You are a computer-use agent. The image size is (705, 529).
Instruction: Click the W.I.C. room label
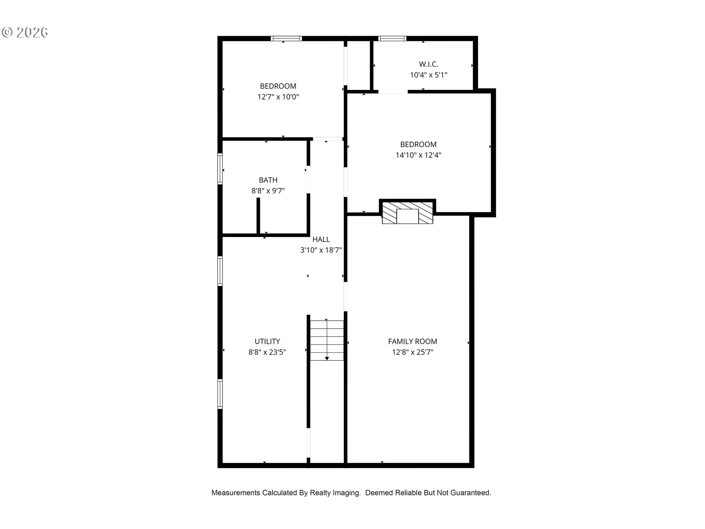click(429, 64)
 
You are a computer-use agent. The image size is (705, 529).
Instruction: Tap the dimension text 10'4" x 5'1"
click(429, 75)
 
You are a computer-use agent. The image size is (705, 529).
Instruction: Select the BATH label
click(268, 180)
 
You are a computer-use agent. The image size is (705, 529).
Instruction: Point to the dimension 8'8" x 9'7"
click(268, 191)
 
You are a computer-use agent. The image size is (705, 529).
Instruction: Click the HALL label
click(321, 240)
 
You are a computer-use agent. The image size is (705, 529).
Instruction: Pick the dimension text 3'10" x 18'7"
click(321, 250)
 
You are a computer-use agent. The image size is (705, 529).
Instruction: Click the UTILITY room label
click(267, 341)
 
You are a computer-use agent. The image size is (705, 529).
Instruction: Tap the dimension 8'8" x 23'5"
click(267, 352)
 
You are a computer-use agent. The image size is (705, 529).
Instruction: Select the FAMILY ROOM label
click(413, 341)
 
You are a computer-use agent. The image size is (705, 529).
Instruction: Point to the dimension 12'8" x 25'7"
click(413, 352)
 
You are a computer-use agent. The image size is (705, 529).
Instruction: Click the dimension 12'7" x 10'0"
click(278, 97)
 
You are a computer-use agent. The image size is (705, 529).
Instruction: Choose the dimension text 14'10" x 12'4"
click(418, 155)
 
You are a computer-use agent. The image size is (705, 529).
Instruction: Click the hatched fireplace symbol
click(408, 212)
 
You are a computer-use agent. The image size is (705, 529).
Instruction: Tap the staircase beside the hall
click(327, 340)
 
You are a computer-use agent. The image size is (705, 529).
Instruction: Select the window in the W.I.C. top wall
click(393, 38)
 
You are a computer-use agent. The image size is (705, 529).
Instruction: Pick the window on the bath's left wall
click(220, 169)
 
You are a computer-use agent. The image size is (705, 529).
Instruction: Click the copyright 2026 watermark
click(25, 32)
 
